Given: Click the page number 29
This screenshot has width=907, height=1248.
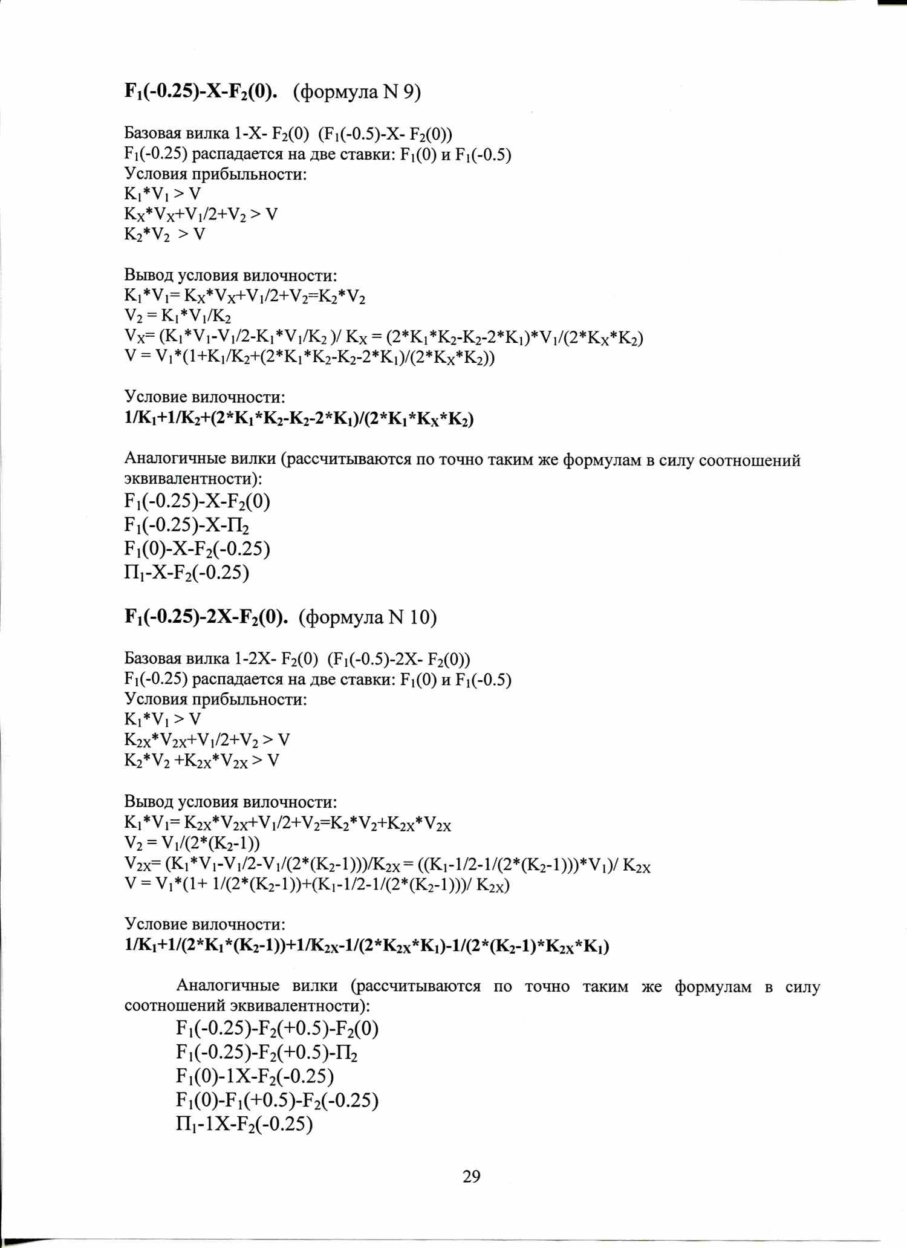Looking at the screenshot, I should [471, 1176].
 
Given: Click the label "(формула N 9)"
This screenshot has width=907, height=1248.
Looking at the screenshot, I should [357, 92].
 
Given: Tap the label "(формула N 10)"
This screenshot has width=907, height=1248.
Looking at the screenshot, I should [368, 617].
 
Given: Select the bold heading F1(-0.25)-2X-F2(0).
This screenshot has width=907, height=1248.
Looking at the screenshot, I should [206, 617].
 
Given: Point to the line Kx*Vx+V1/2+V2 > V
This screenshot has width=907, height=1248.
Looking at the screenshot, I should [201, 214].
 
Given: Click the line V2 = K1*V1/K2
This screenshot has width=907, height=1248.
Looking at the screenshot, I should [177, 316].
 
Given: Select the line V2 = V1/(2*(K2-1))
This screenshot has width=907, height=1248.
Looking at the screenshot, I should [192, 843].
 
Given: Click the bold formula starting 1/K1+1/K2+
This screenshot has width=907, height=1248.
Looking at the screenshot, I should [299, 419].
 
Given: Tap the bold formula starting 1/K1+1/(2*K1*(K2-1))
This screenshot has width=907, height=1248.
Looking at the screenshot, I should [366, 946].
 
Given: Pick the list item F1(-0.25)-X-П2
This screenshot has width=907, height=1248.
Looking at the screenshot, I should [187, 525].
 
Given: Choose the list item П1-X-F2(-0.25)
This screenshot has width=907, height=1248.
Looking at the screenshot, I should [187, 572].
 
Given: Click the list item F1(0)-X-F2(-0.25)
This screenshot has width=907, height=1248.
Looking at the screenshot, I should [197, 548].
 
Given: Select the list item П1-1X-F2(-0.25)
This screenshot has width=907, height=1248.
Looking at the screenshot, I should [244, 1124].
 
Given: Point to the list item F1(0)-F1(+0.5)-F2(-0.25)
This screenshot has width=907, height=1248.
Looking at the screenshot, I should [277, 1100].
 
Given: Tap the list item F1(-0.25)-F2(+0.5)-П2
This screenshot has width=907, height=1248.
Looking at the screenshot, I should [267, 1053].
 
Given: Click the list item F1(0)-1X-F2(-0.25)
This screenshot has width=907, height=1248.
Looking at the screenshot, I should [255, 1076].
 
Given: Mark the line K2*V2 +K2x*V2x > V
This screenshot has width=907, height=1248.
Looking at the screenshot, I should [202, 760].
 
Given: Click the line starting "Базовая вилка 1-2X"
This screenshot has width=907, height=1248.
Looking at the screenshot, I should [297, 658].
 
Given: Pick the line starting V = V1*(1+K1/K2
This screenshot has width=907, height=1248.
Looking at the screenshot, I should [310, 357].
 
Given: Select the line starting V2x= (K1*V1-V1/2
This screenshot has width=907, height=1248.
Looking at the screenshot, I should [387, 865].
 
